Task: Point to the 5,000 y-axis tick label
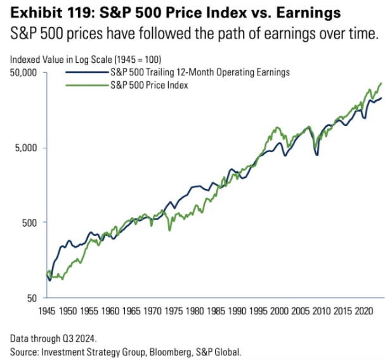[x=26, y=148]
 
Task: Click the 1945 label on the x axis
[x=47, y=312]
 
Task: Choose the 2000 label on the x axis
[x=278, y=312]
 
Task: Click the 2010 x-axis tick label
[x=321, y=312]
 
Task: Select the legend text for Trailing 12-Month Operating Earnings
[x=200, y=72]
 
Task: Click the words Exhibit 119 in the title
[x=40, y=12]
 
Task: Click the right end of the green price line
[x=381, y=83]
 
